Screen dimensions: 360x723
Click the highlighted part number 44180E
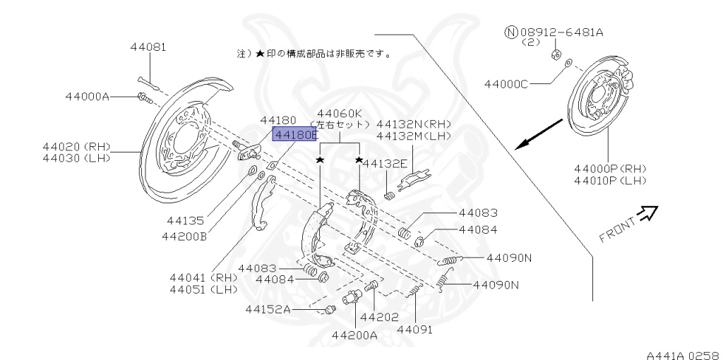295,134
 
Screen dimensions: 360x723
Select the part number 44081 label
148,47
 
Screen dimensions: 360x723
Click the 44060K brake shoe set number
340,113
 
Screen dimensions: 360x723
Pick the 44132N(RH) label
414,123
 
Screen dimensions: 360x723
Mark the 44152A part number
268,308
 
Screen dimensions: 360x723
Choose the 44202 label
379,317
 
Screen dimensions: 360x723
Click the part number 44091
414,329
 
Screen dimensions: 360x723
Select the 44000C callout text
506,84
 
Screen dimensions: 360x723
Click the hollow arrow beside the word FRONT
648,212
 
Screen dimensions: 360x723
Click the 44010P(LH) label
610,181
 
